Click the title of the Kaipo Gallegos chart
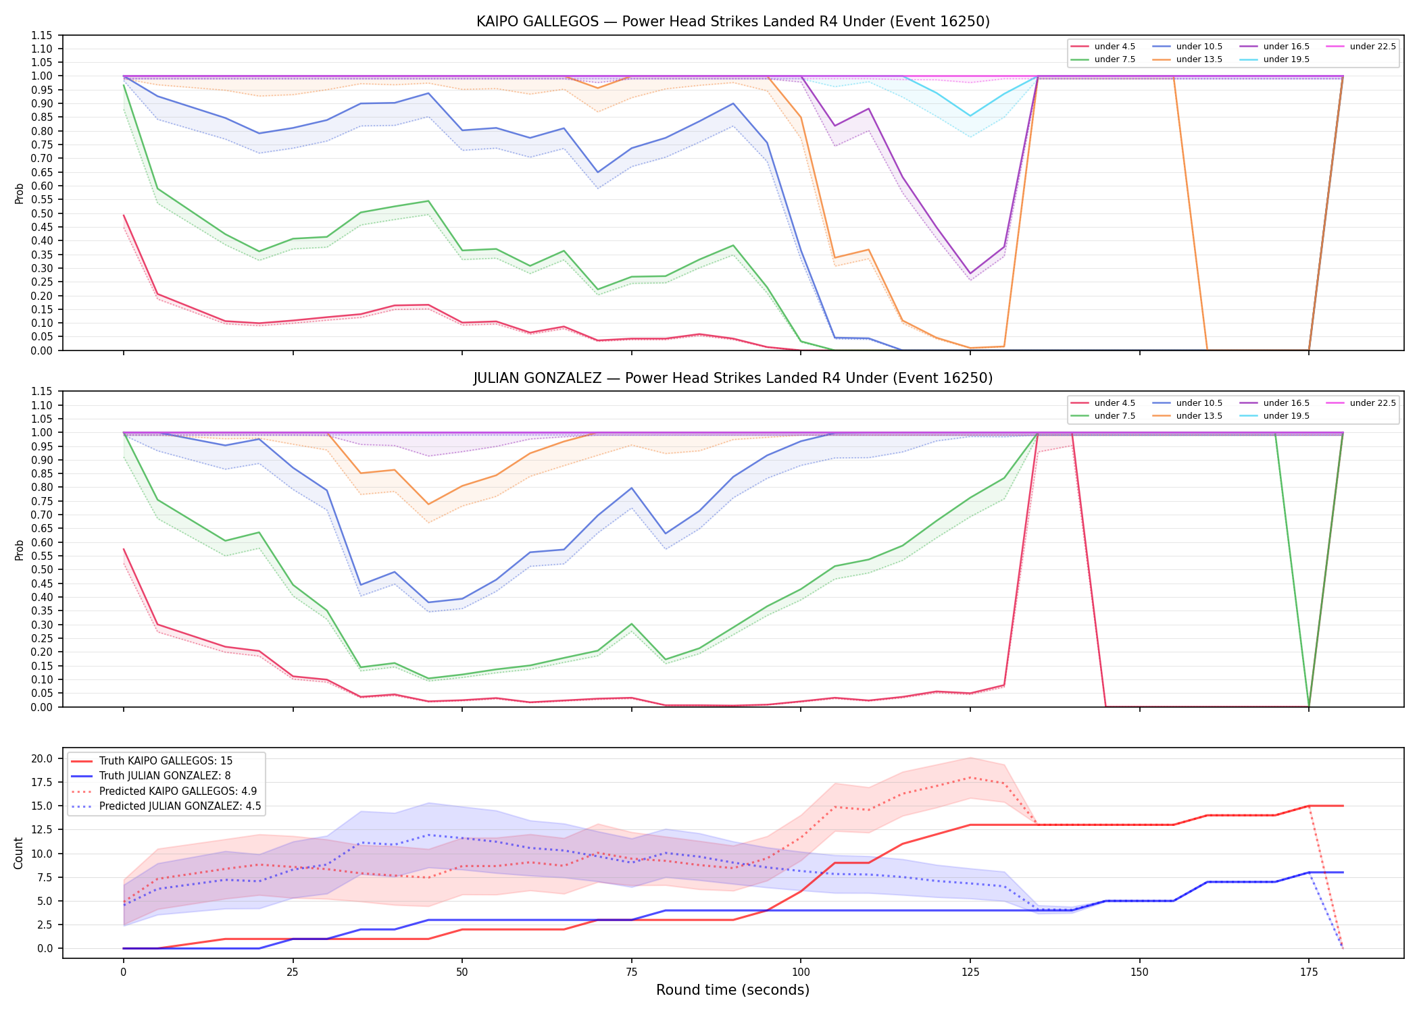click(732, 22)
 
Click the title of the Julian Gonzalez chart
click(732, 378)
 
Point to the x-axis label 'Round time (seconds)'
click(732, 990)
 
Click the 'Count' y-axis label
click(18, 853)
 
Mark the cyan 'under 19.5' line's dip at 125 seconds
click(970, 116)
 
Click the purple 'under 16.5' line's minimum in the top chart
click(970, 274)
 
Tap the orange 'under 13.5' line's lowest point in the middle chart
click(428, 504)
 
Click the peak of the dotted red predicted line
click(970, 777)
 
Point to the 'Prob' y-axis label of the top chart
click(19, 194)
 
